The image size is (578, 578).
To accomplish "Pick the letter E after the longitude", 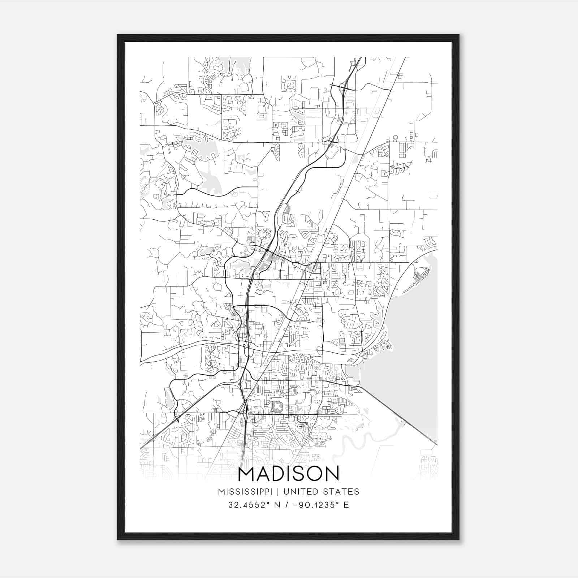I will [x=346, y=505].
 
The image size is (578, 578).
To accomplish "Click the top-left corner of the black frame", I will [x=118, y=35].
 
